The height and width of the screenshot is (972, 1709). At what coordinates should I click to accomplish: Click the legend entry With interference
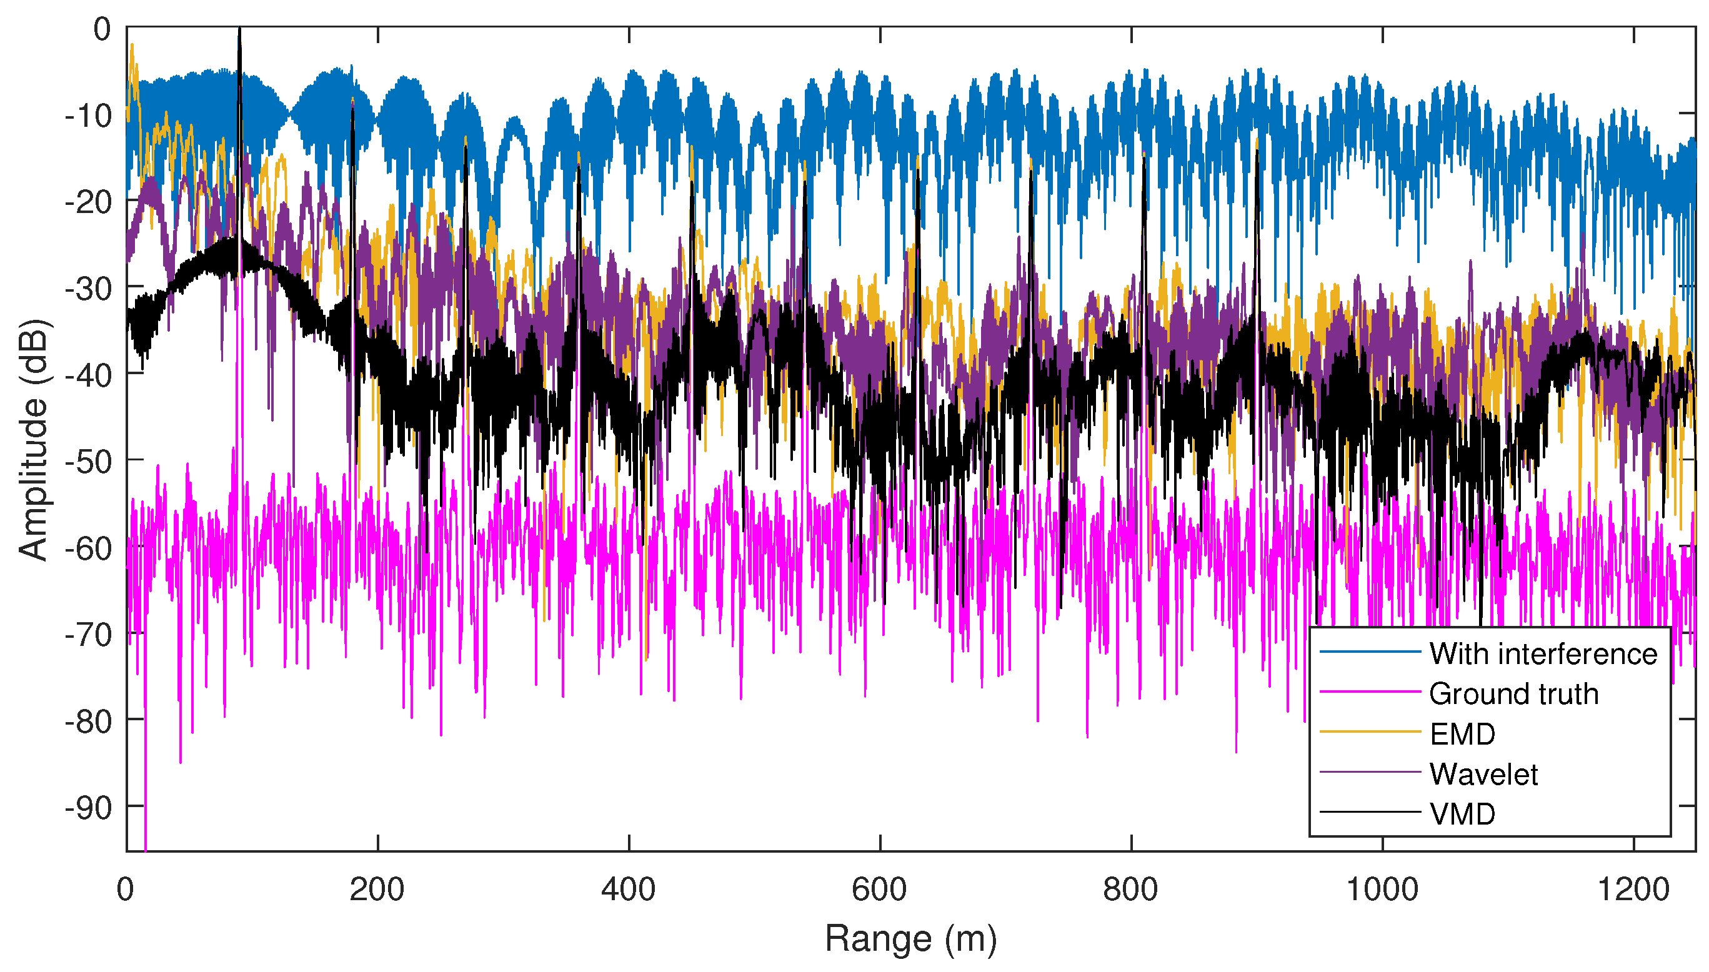(x=1543, y=653)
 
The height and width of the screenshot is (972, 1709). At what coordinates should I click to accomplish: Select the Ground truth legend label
(x=1513, y=693)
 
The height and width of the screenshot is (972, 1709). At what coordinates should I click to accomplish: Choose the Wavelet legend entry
(x=1483, y=774)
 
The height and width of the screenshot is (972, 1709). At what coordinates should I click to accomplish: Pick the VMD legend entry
(x=1462, y=814)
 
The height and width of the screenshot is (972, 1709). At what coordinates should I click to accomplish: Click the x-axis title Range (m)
(x=910, y=939)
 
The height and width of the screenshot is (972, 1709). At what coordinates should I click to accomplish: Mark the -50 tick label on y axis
(x=89, y=460)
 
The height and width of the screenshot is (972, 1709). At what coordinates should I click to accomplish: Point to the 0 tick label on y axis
(x=102, y=29)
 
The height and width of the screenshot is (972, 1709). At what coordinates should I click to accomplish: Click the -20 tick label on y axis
(x=89, y=202)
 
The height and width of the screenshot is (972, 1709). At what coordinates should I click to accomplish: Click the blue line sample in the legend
(x=1370, y=652)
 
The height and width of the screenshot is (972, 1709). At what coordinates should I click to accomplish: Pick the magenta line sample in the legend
(x=1370, y=692)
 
